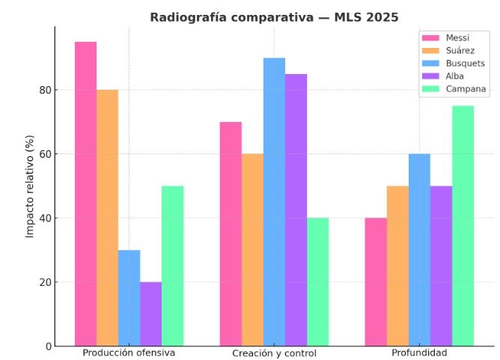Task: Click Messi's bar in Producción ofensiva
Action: (x=85, y=194)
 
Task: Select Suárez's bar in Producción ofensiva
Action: (x=107, y=218)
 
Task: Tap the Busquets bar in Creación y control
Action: (x=274, y=202)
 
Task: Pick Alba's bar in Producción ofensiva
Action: (x=150, y=314)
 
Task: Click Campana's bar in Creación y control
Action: (x=317, y=282)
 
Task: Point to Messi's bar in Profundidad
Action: (x=376, y=282)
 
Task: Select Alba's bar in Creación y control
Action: (x=296, y=210)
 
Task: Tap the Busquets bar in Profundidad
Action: (x=419, y=250)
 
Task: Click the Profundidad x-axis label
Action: (x=419, y=353)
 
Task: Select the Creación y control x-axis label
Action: (x=274, y=353)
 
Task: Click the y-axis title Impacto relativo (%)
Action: (x=30, y=186)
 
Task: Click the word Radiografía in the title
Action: (x=183, y=17)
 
